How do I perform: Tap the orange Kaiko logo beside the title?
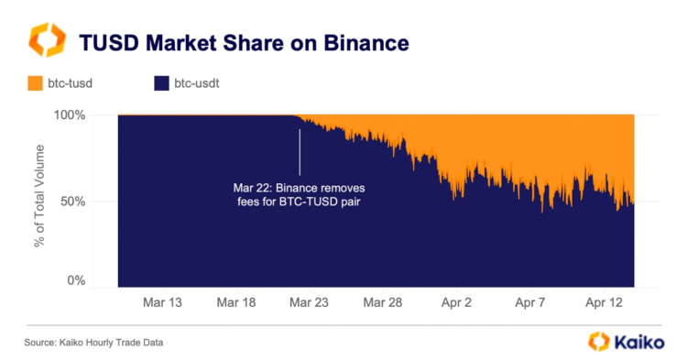47,41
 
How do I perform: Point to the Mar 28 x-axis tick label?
382,301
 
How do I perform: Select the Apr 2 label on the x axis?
456,301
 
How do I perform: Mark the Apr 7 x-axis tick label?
529,301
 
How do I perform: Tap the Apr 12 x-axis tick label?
605,301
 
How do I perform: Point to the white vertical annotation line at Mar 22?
299,151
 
